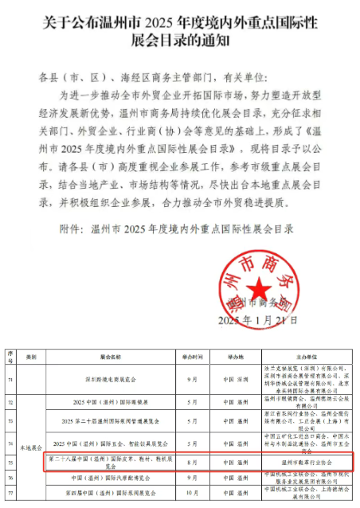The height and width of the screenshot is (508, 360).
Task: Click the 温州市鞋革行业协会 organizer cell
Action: click(307, 461)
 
